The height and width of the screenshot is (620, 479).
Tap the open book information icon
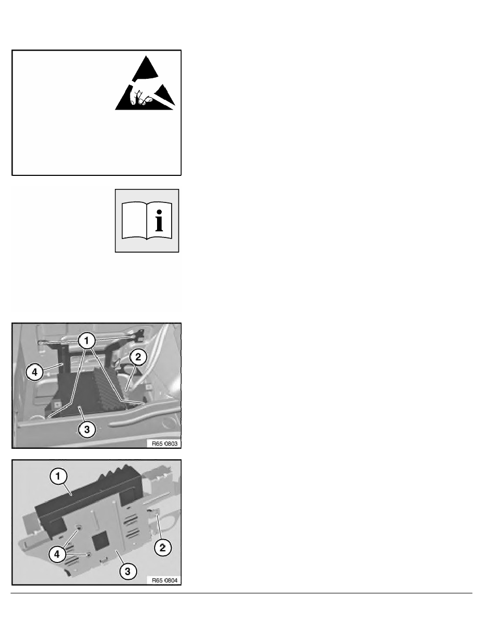pos(147,221)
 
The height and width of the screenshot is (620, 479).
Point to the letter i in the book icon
pos(159,221)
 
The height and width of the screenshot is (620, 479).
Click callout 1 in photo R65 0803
pos(87,340)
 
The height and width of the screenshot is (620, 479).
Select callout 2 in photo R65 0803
pos(138,357)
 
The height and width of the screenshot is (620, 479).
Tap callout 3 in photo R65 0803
pos(87,429)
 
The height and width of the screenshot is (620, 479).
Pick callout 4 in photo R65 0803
pos(35,372)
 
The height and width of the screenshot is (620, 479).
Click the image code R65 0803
pos(165,444)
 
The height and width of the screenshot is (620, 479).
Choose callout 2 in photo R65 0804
pos(162,547)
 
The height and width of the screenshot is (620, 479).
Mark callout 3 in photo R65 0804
pos(128,571)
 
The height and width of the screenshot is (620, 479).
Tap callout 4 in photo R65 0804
pos(57,554)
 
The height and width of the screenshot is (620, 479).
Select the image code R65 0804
pos(165,580)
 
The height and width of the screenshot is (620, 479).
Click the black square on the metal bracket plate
pos(100,539)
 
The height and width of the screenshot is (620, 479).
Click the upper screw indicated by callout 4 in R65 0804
pos(79,528)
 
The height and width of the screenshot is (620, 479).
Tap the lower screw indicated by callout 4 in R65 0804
pos(89,554)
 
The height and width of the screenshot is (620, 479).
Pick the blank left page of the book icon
pos(135,221)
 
